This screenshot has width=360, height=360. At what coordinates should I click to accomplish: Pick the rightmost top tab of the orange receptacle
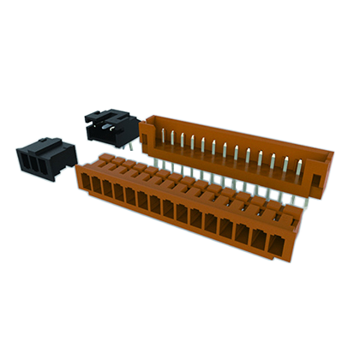(286, 211)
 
